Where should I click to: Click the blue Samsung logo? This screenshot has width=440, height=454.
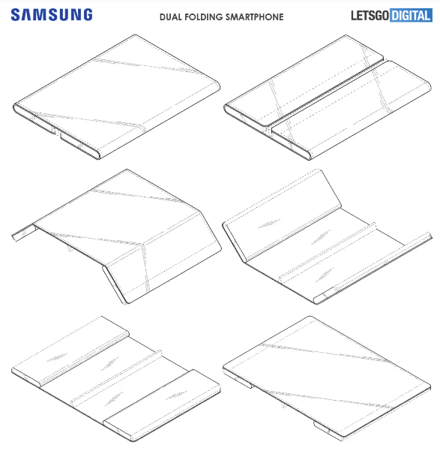coord(52,14)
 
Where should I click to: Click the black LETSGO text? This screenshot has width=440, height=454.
coord(370,16)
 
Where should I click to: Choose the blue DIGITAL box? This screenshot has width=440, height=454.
coord(411,15)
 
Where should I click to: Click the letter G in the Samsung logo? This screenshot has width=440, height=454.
coord(87,14)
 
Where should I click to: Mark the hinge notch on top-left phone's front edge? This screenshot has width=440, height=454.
coord(56,131)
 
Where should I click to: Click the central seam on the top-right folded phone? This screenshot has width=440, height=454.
coord(327,92)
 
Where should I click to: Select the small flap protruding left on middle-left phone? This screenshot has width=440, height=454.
coord(25,233)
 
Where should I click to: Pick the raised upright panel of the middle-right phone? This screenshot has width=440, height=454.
coord(282,215)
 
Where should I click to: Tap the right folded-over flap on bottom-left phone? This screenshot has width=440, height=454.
coord(162,405)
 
